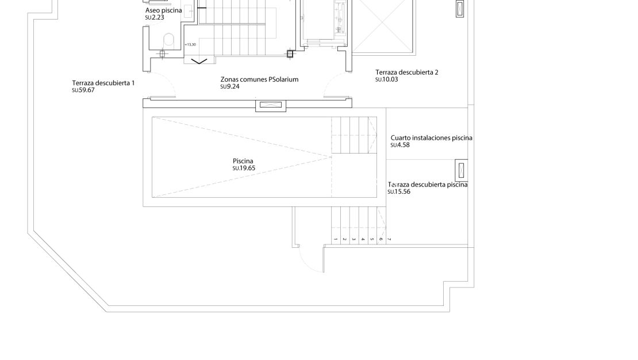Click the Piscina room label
coord(244,161)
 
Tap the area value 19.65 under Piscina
coord(244,168)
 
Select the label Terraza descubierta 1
coord(103,83)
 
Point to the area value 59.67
coord(83,90)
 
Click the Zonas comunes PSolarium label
coord(259,79)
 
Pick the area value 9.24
coord(229,86)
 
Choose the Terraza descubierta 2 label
coord(407,72)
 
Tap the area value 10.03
coord(387,79)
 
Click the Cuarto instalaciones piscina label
coord(431,138)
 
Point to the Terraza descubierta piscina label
coord(428,185)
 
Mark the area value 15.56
coord(399,192)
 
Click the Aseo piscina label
coord(164,10)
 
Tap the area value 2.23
coord(155,18)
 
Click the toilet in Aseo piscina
coord(169,40)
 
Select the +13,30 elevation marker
coord(190,44)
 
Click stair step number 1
coord(335,238)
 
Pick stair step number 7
coord(389,238)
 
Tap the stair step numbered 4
coord(362,238)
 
